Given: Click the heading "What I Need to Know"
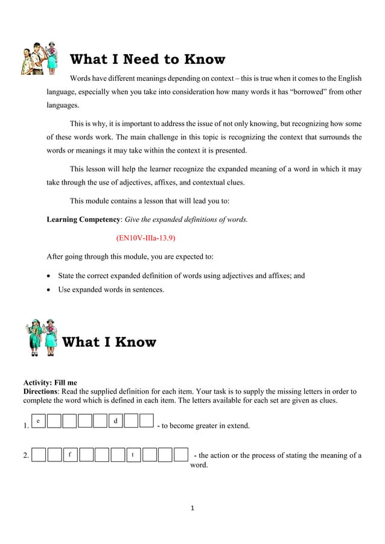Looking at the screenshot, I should point(147,60).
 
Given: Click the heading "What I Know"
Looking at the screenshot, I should point(109,343).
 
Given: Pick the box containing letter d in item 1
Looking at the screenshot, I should point(115,420).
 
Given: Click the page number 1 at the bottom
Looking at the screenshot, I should point(192,508).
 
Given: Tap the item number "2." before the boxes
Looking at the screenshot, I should point(26,455).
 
